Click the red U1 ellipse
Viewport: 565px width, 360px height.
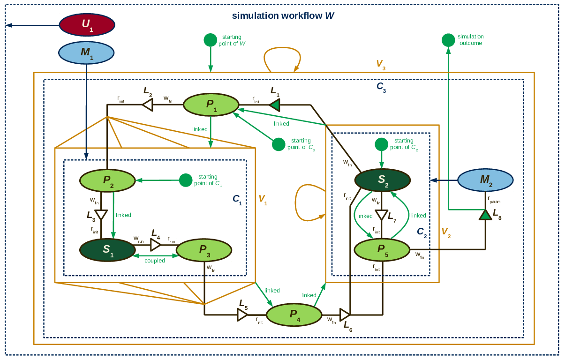[x=87, y=25]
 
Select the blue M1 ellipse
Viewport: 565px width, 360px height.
[x=86, y=52]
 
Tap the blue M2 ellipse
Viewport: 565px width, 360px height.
[x=485, y=180]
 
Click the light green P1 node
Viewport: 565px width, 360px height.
[x=211, y=105]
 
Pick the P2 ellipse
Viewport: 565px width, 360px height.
[x=107, y=180]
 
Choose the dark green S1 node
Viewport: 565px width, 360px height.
[x=107, y=250]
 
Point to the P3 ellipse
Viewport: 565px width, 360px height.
[x=204, y=250]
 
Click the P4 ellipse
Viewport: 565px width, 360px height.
[x=294, y=315]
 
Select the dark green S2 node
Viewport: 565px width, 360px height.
[x=383, y=180]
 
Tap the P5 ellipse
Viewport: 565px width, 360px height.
[x=382, y=249]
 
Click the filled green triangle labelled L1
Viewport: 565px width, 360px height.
[x=274, y=105]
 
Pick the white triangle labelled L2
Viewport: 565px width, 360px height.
[x=148, y=105]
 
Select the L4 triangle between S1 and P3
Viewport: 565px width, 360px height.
[x=155, y=245]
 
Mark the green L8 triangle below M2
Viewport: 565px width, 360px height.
[x=485, y=215]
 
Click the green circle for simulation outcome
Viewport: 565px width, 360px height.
[x=448, y=40]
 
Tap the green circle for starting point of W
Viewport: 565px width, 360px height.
[x=211, y=40]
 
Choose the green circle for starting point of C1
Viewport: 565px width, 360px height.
[x=186, y=180]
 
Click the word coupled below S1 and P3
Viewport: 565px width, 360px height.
[x=155, y=261]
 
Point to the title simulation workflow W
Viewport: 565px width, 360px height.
[x=283, y=15]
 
